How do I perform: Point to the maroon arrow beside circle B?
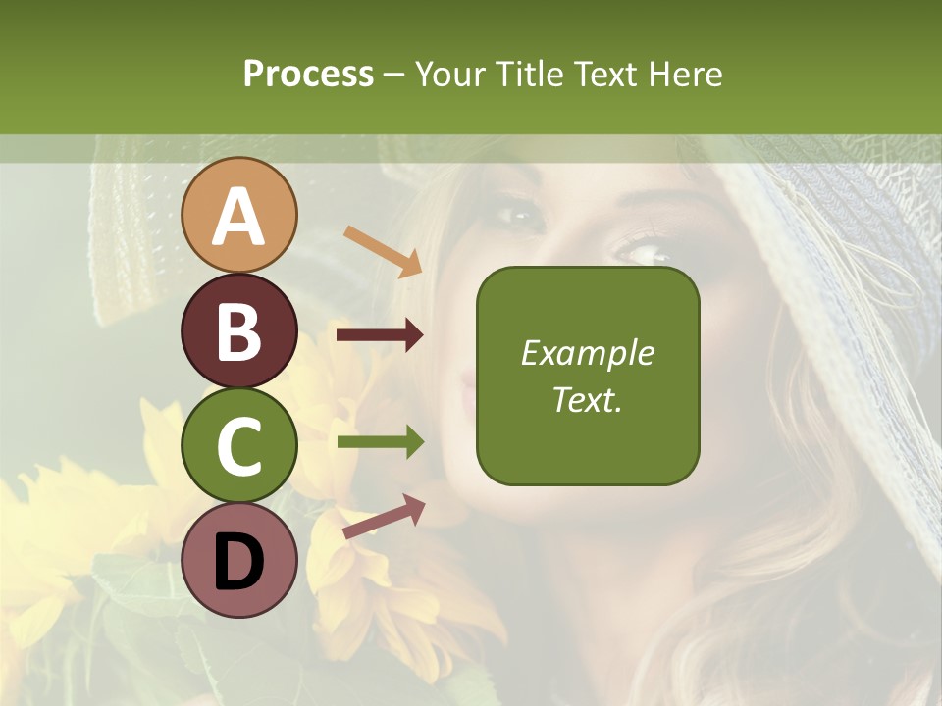[380, 335]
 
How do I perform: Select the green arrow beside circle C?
[380, 443]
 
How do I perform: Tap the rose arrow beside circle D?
[384, 517]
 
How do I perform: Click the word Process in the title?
[308, 74]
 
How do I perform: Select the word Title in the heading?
[527, 74]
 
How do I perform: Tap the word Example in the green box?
[588, 353]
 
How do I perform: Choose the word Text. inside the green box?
[588, 399]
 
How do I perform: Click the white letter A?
[238, 216]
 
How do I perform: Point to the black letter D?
[238, 562]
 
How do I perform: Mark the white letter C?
[238, 446]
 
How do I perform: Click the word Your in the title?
[449, 74]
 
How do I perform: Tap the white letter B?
[238, 331]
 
